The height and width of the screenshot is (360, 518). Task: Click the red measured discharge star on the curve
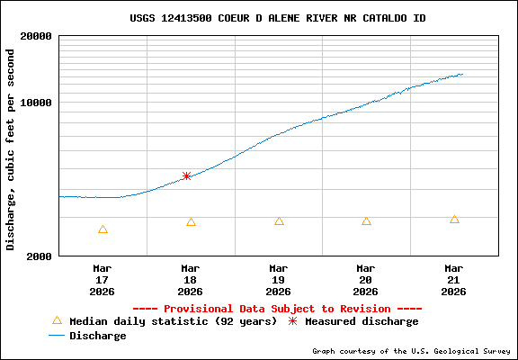[186, 176]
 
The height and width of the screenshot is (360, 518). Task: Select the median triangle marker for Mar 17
[103, 229]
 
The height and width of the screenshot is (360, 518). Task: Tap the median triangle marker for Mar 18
[191, 222]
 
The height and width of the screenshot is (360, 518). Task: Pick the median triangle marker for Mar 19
[279, 221]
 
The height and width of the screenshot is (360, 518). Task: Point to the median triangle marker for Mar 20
[366, 221]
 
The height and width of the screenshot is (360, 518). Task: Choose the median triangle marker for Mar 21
[454, 220]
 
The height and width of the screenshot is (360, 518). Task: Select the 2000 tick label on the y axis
[39, 256]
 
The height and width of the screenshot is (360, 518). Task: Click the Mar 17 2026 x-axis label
[103, 279]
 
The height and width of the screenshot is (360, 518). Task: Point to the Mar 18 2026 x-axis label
[191, 279]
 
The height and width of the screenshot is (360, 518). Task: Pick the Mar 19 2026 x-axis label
[278, 279]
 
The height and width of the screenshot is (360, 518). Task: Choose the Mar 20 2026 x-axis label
[366, 279]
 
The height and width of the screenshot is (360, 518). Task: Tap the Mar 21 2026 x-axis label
[454, 279]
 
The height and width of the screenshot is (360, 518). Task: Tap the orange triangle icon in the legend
[57, 320]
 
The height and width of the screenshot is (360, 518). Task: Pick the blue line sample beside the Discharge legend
[57, 336]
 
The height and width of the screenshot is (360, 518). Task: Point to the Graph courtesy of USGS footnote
[412, 351]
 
